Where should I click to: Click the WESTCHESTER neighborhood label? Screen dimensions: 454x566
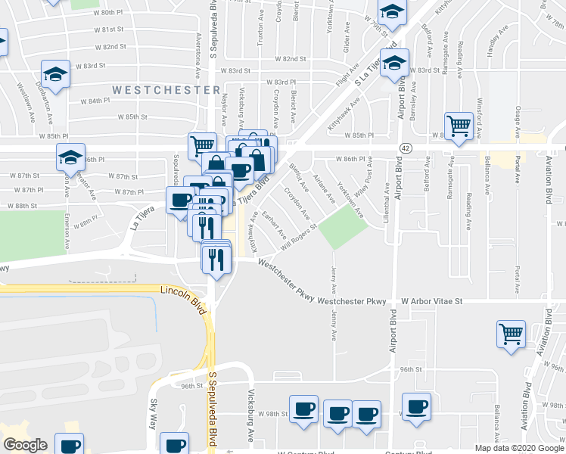coord(166,89)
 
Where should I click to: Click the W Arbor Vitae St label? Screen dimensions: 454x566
coord(431,300)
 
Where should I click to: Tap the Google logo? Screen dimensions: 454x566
coord(25,445)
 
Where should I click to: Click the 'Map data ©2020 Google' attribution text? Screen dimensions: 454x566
coord(518,448)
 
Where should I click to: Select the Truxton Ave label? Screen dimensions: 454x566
coord(260,34)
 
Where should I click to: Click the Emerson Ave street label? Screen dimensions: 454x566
coord(67,234)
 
